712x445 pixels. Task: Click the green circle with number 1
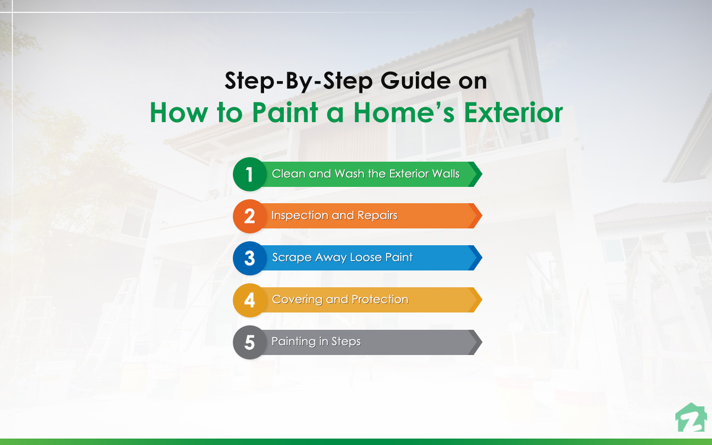click(x=250, y=174)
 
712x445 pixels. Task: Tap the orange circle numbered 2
click(x=250, y=216)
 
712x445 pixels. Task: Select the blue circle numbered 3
click(x=250, y=258)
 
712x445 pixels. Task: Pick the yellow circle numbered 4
click(x=250, y=300)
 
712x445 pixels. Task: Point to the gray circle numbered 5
click(x=250, y=342)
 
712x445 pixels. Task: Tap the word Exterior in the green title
click(x=513, y=112)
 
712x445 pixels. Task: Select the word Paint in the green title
click(x=285, y=112)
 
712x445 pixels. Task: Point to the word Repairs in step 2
click(x=377, y=216)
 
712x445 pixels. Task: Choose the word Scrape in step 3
click(x=292, y=258)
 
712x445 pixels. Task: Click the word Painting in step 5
click(x=293, y=342)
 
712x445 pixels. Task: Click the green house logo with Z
click(x=691, y=418)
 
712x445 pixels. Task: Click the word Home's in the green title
click(x=403, y=112)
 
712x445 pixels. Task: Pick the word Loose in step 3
click(x=365, y=258)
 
